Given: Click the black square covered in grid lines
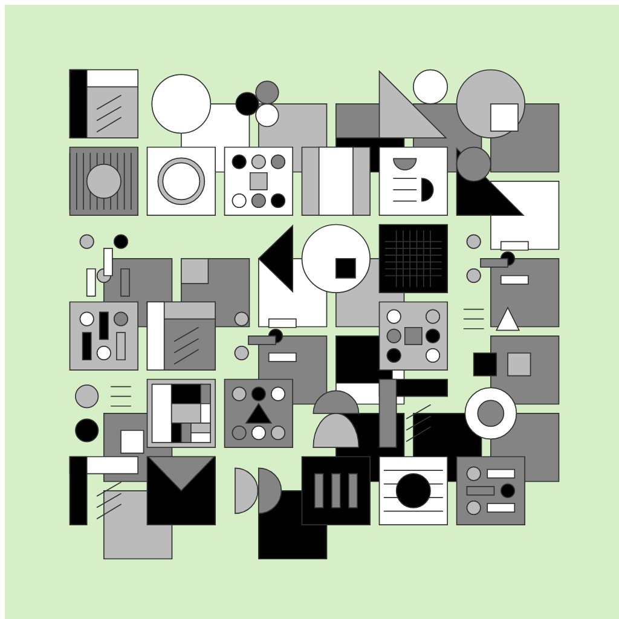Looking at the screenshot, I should click(413, 258).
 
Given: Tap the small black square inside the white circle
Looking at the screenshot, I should click(345, 268).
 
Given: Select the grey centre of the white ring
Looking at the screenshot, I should click(490, 413).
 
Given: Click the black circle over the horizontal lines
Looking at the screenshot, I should click(413, 490).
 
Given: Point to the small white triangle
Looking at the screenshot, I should click(508, 321).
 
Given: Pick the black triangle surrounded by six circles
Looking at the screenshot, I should click(258, 415).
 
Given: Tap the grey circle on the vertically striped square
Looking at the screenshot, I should click(103, 181).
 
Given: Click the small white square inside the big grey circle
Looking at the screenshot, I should click(504, 117).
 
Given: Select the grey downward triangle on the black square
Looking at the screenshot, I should click(181, 472).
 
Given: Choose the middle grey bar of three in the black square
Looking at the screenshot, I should click(335, 490).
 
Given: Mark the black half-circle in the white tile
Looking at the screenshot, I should click(426, 190).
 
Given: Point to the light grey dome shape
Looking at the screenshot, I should click(335, 432).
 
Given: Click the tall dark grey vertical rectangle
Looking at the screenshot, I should click(387, 413).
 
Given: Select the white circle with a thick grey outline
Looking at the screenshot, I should click(181, 181).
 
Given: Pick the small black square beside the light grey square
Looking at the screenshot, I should click(485, 364).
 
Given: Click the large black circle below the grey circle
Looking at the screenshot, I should click(86, 430).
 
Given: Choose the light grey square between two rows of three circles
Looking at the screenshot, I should click(258, 181).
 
